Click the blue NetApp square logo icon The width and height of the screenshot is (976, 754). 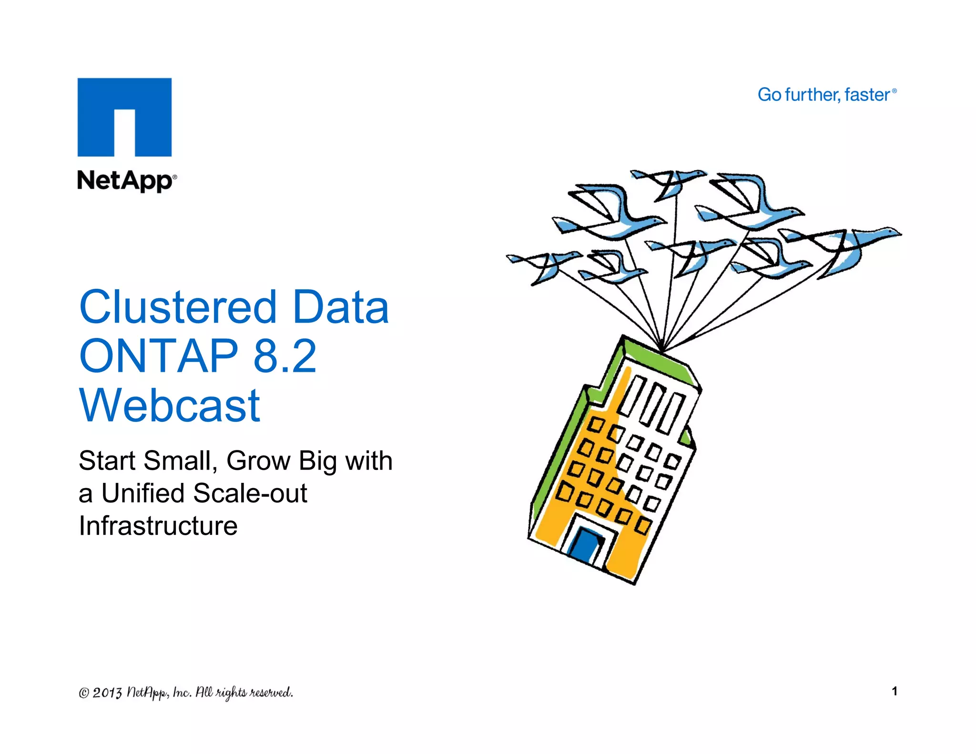(x=124, y=117)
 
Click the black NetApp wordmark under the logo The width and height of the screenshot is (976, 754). (x=126, y=182)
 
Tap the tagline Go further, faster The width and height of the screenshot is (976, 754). (x=826, y=95)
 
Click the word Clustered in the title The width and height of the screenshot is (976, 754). (x=178, y=307)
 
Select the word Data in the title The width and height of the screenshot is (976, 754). (x=341, y=307)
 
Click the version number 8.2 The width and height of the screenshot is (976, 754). (x=285, y=356)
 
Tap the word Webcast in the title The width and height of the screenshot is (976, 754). (x=170, y=406)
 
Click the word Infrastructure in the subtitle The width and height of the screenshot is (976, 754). (x=158, y=526)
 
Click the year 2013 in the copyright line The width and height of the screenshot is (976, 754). (x=107, y=693)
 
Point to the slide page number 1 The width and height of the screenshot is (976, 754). (x=895, y=691)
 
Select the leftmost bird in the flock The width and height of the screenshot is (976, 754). (x=543, y=265)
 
